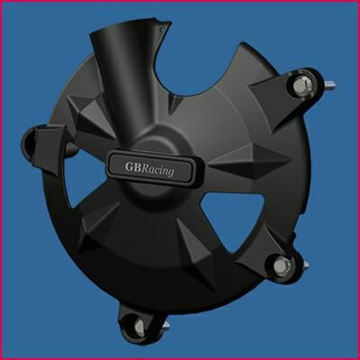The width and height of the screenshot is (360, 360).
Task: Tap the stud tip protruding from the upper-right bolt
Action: pos(331,86)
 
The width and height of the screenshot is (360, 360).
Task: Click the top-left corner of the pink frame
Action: pos(3,3)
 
